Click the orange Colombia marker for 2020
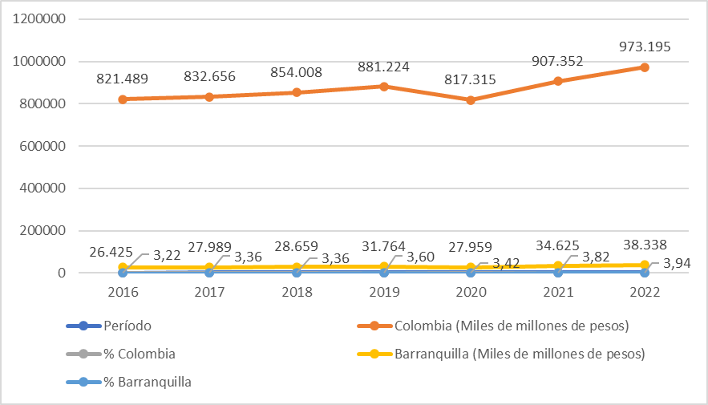pyautogui.click(x=471, y=100)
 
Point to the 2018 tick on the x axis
pyautogui.click(x=297, y=293)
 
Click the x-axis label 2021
pyautogui.click(x=557, y=293)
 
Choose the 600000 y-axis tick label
pyautogui.click(x=38, y=146)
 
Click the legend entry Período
pyautogui.click(x=125, y=326)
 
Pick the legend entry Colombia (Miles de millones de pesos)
pyautogui.click(x=511, y=326)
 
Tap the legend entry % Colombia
pyautogui.click(x=139, y=354)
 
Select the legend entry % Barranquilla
pyautogui.click(x=147, y=382)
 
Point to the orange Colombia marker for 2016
pyautogui.click(x=123, y=99)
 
